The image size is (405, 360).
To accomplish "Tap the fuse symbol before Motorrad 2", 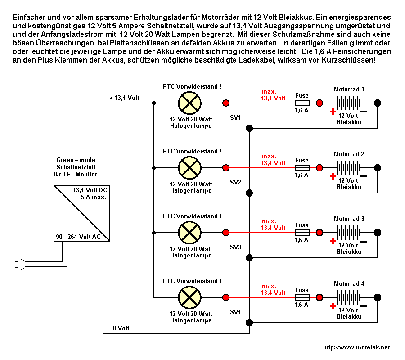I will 302,168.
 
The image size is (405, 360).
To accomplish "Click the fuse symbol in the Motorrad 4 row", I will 302,297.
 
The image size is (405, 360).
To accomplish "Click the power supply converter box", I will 81,214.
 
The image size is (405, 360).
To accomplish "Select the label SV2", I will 236,182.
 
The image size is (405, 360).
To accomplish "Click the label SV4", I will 236,312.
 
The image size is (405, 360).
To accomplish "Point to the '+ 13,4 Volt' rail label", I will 125,98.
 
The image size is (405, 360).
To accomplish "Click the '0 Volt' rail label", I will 120,328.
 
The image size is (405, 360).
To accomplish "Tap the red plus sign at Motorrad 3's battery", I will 333,241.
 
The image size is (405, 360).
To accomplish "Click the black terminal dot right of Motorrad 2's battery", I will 378,168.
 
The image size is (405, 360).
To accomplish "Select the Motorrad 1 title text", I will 349,89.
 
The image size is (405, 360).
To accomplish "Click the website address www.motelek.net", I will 356,347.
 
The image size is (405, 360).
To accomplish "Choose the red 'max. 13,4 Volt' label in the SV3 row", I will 273,225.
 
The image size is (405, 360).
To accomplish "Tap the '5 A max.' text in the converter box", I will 93,197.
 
